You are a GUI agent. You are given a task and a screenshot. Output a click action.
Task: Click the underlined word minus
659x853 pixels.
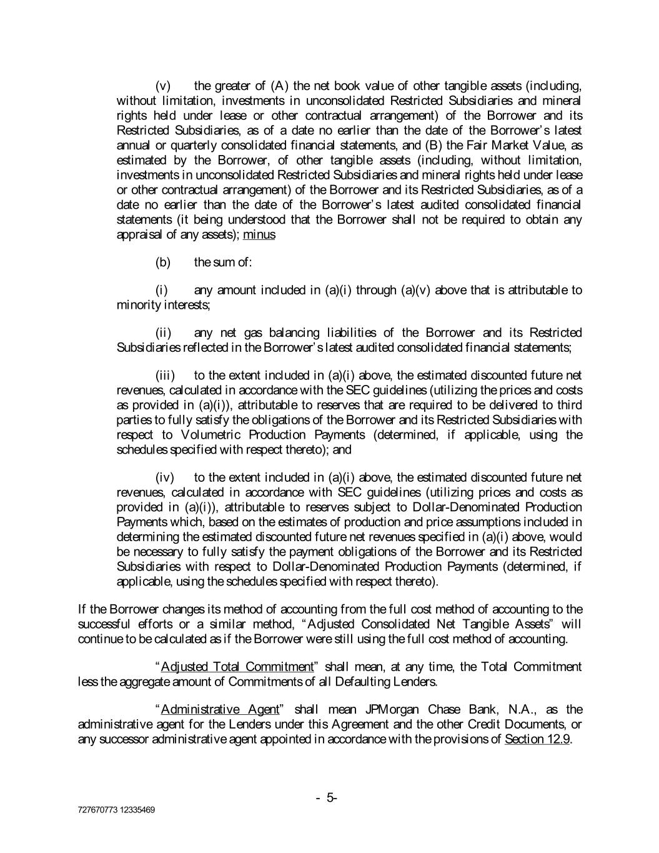(259, 235)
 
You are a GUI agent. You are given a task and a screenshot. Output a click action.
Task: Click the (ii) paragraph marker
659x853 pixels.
(163, 332)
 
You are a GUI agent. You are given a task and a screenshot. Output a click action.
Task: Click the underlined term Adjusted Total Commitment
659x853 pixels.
(237, 667)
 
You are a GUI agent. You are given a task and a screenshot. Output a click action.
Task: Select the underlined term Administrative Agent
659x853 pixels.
(219, 709)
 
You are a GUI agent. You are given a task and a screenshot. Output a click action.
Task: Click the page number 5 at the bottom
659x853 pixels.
(329, 797)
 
